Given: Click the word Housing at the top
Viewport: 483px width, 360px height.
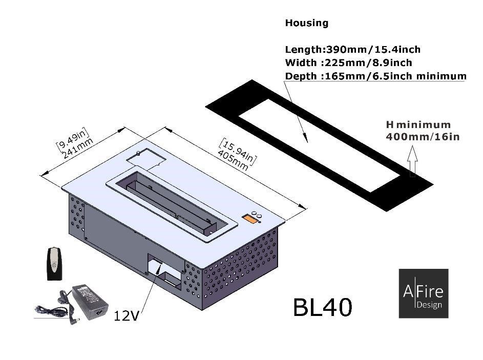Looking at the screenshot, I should tap(306, 23).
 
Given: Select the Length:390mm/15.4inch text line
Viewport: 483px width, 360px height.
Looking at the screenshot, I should tap(352, 50).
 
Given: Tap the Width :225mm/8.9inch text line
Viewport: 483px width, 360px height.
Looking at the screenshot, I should tap(348, 63).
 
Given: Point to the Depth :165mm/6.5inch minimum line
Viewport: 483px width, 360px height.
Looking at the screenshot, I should tap(375, 76).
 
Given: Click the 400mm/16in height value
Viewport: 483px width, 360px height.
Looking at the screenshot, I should tap(422, 137).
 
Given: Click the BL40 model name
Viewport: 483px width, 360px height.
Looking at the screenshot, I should tap(322, 307).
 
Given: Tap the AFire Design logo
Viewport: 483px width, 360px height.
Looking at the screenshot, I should tap(423, 293).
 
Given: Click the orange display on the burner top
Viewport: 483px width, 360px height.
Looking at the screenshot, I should tap(249, 219).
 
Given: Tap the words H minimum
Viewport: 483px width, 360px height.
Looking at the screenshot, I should tap(418, 124).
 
